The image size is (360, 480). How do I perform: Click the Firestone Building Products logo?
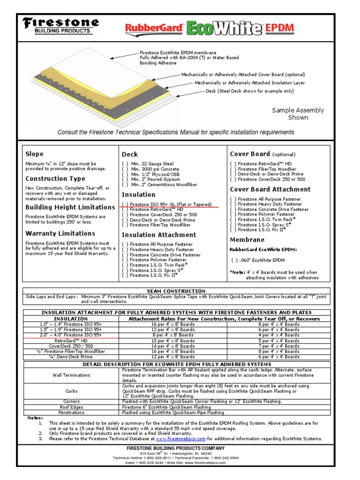(61, 26)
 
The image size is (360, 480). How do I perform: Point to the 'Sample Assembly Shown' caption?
(298, 114)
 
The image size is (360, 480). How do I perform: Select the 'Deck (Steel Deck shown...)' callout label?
(250, 91)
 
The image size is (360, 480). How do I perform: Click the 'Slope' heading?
(34, 154)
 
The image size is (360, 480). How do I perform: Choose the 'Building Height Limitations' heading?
(70, 207)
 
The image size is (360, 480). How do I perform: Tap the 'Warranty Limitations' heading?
(60, 233)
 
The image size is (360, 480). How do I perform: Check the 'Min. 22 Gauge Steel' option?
(150, 164)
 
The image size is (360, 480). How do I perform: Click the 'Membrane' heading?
(247, 240)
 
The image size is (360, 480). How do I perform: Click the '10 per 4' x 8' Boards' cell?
(172, 341)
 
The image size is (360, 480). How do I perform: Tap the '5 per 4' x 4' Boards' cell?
(279, 341)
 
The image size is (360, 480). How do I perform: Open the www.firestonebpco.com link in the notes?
(181, 439)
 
